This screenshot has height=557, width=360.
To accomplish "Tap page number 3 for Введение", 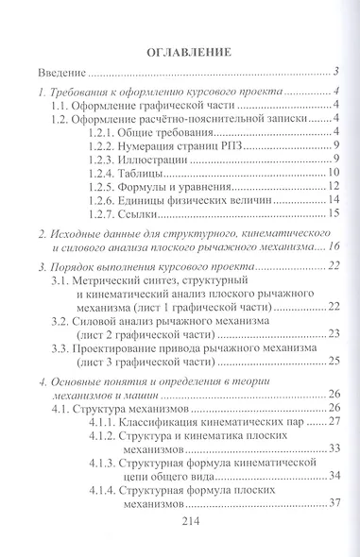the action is (x=337, y=72).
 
